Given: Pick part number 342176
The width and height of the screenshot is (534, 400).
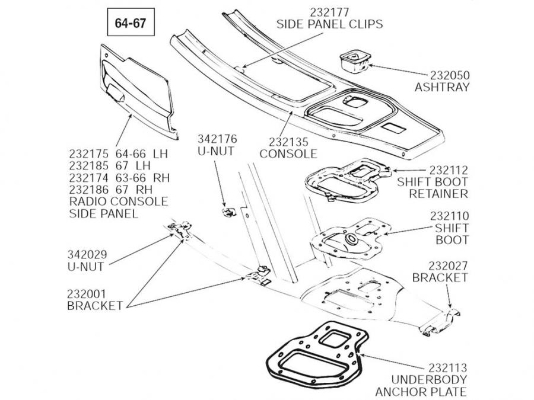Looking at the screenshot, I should coord(217,139).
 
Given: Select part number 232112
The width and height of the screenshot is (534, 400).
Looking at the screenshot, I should coord(448,170).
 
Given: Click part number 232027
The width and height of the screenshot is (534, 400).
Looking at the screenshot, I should coord(448,265).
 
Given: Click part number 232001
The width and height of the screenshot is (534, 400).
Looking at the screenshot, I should coord(87,293).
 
